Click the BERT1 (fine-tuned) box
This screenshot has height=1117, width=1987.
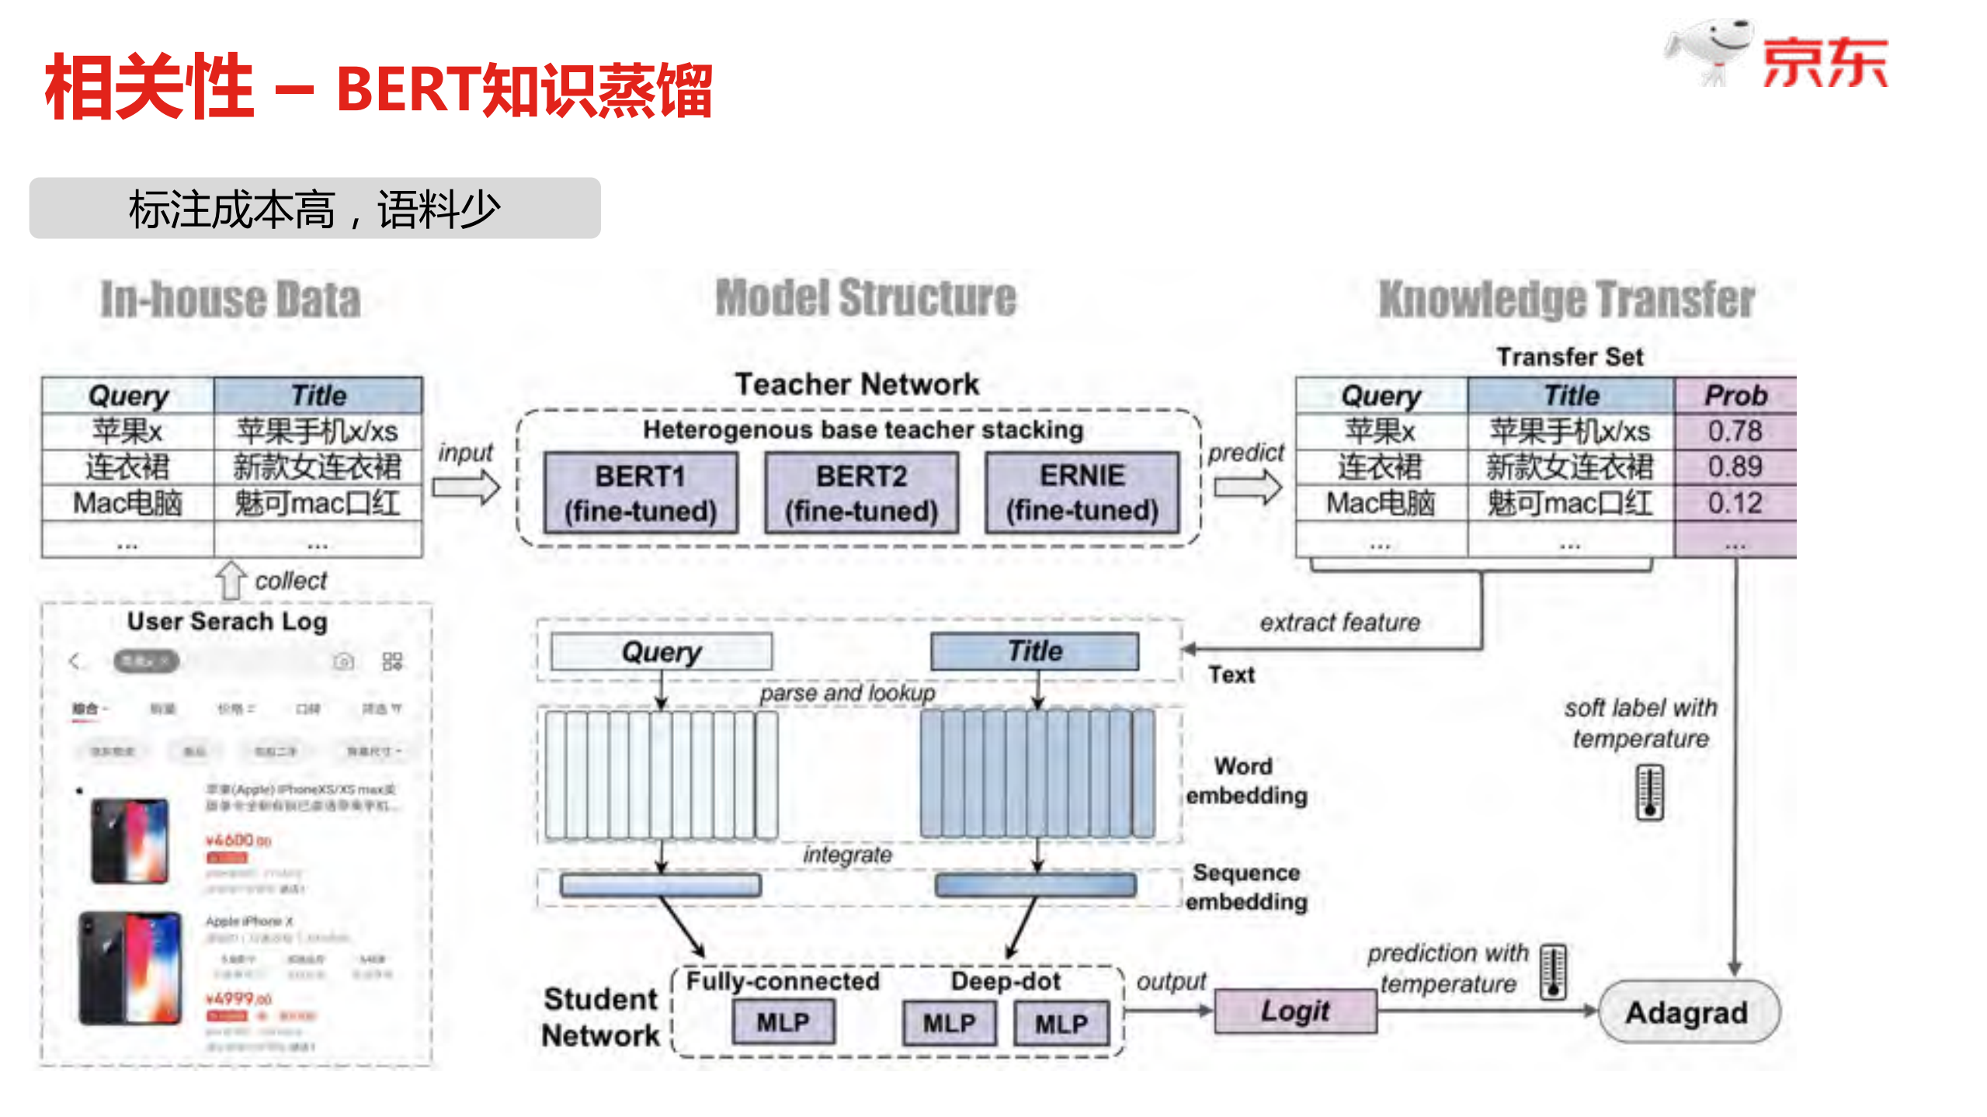[640, 493]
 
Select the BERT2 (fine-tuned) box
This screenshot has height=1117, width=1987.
[861, 493]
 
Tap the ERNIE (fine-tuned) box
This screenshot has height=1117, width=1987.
[1082, 493]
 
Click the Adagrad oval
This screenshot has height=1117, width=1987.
[1687, 1012]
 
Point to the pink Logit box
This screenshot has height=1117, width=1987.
[1294, 1011]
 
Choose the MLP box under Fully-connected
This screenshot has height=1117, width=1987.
[783, 1022]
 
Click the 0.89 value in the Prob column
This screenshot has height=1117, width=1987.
[1735, 467]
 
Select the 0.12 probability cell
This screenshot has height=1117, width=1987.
[1735, 503]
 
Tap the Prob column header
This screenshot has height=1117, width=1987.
[1735, 396]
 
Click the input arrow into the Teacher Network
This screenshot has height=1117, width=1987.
[466, 488]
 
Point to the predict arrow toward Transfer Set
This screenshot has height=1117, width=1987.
[1247, 488]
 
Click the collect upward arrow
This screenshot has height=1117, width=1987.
[230, 581]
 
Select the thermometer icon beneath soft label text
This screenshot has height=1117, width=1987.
[1649, 792]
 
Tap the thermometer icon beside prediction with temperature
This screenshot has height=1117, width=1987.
[1553, 971]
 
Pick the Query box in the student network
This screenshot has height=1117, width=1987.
[661, 651]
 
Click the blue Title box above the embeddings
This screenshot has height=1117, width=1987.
[1034, 650]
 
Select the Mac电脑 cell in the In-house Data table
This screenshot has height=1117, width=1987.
[127, 503]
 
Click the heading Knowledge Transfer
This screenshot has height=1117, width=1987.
[1566, 300]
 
